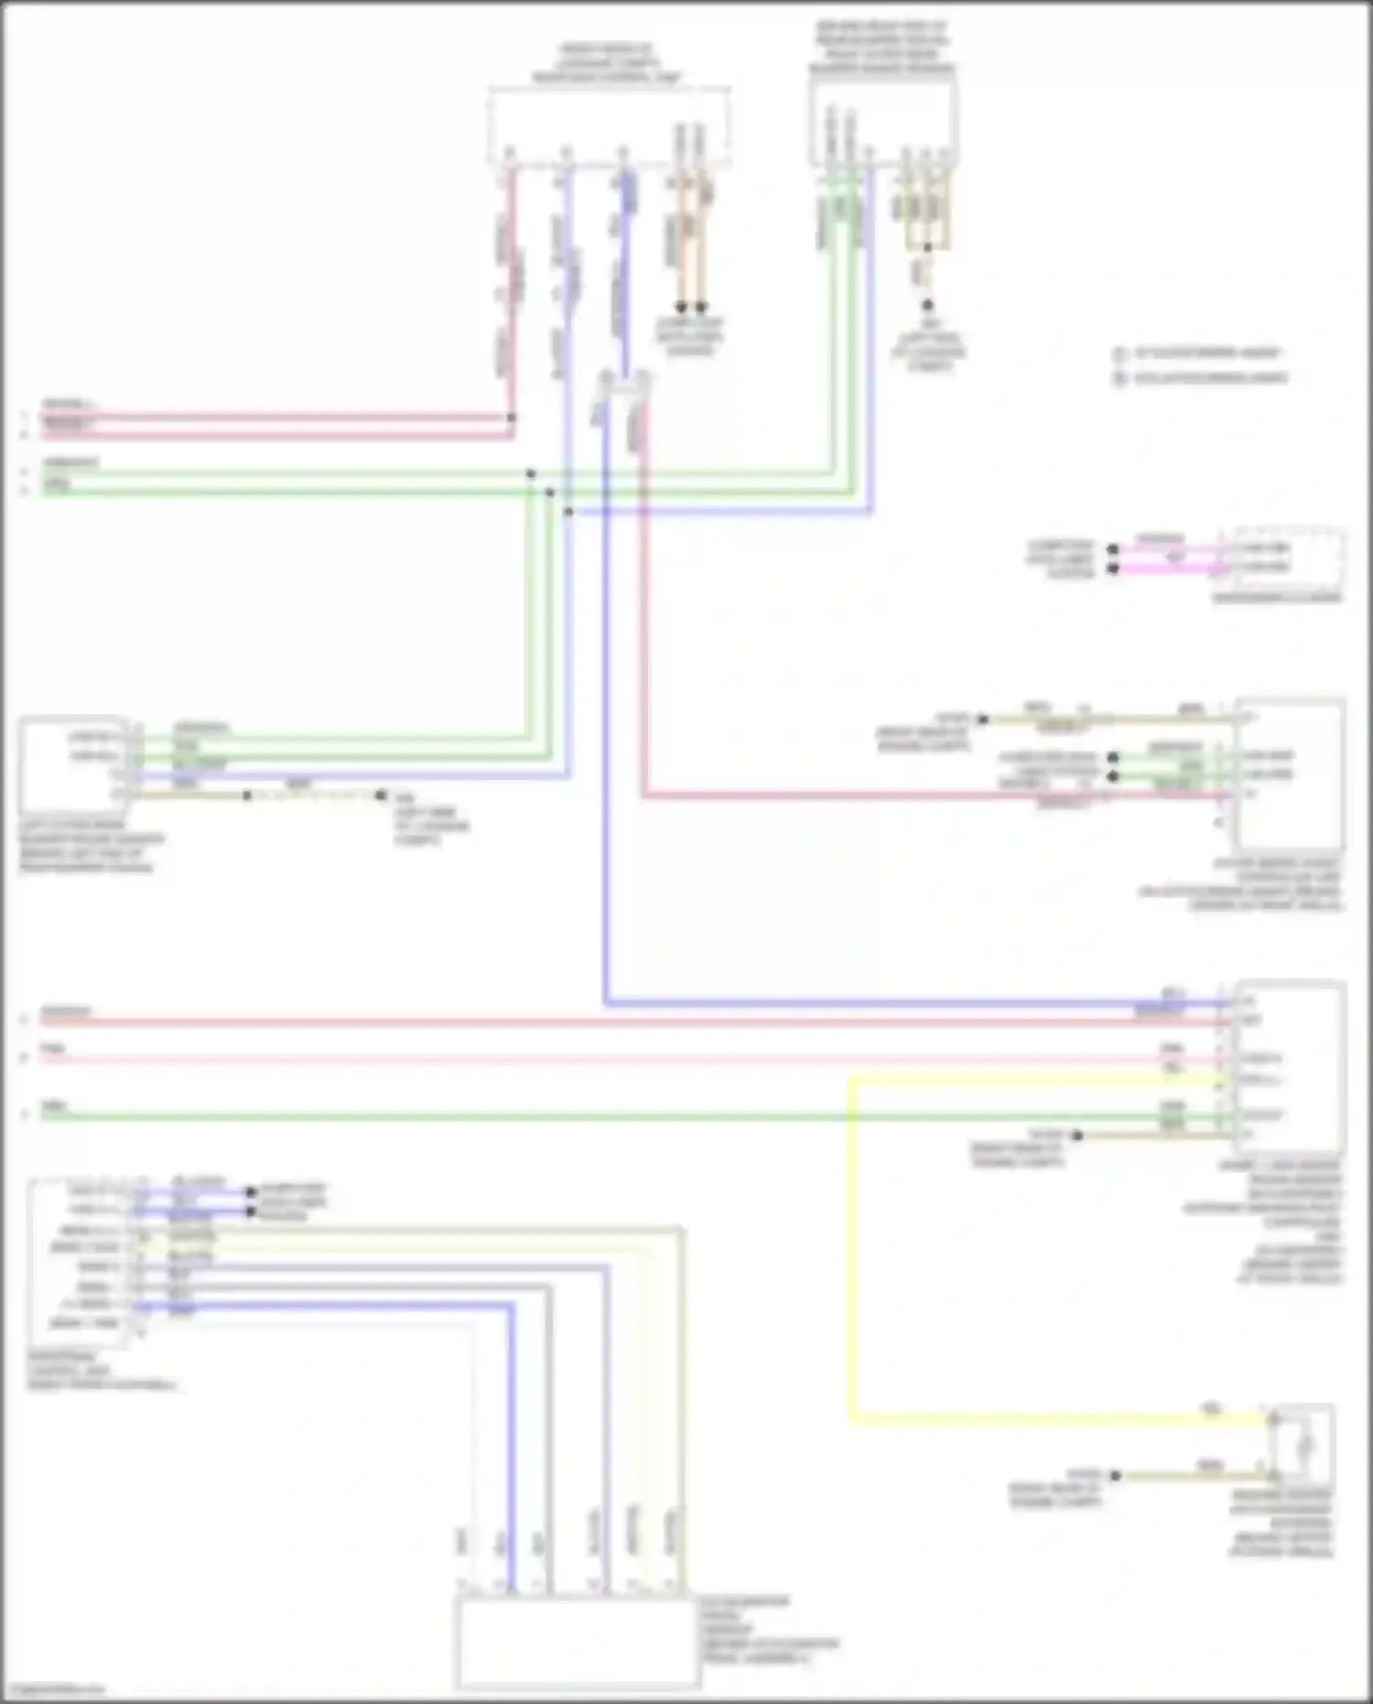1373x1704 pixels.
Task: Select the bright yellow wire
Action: coord(850,1282)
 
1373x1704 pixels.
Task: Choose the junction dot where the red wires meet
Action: coord(511,418)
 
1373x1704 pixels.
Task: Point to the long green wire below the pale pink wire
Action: coord(595,1116)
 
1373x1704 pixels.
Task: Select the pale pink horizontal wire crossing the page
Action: coord(595,1059)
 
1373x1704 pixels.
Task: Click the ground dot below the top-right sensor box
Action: coord(927,305)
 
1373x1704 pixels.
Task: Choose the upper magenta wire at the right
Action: coord(1172,549)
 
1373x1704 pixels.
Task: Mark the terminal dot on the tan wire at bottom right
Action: coord(1115,1475)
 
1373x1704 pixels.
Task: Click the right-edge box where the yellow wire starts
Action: coord(1289,1067)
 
